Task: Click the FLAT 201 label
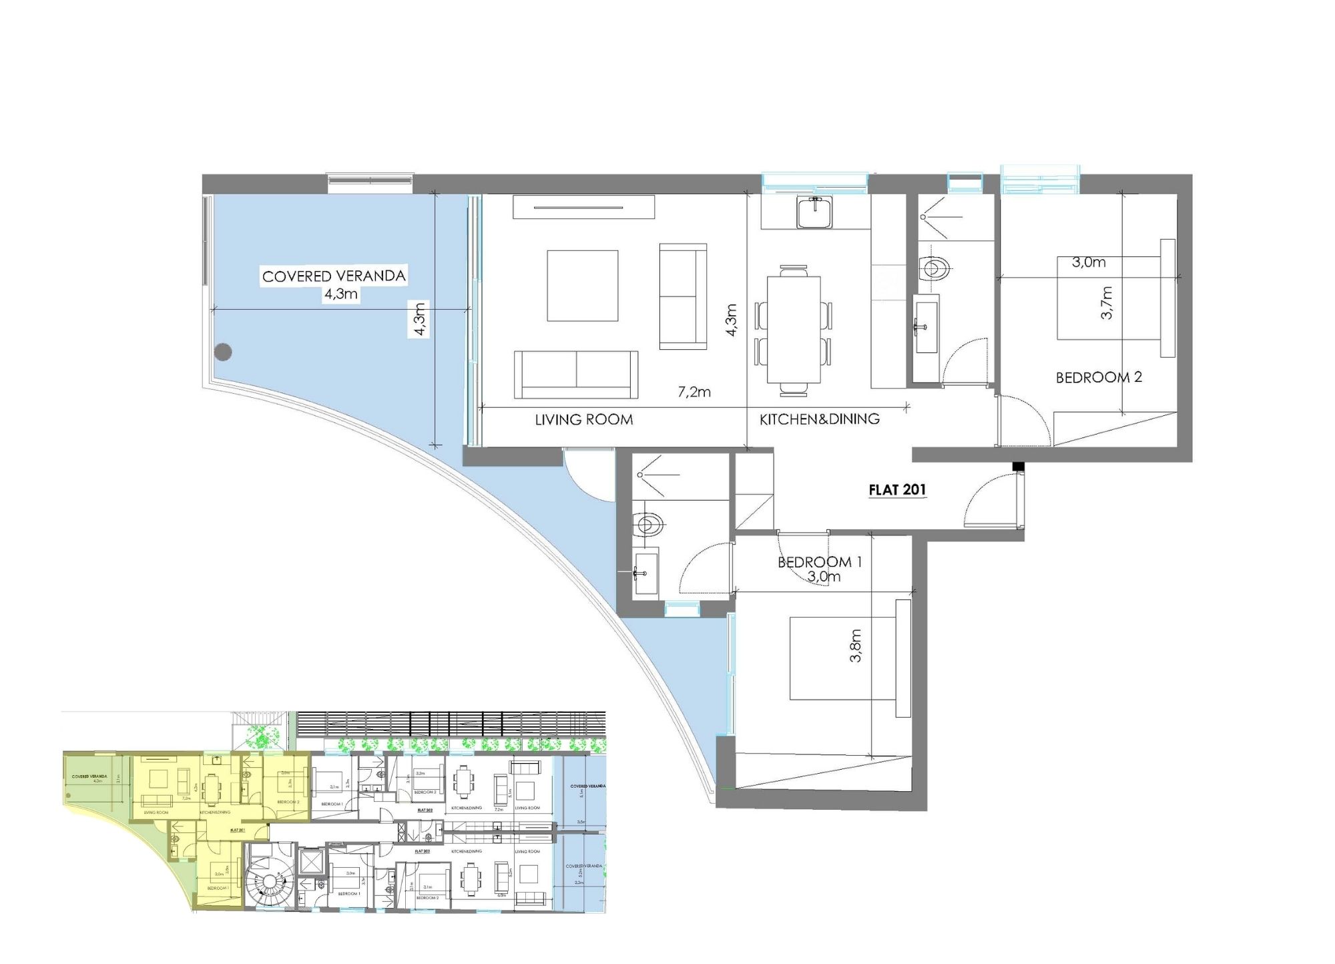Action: [x=897, y=490]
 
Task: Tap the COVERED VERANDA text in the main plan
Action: [x=334, y=276]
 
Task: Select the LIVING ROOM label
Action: [x=583, y=420]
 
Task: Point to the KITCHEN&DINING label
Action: [x=820, y=419]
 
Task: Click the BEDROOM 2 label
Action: [x=1099, y=378]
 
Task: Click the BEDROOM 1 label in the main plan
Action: [x=820, y=562]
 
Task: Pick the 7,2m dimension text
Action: [x=694, y=393]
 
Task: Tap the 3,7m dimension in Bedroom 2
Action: [x=1107, y=302]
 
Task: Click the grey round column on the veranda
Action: [x=223, y=351]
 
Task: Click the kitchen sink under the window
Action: [x=814, y=213]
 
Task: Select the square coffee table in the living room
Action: [x=582, y=286]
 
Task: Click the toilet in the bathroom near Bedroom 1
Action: [x=647, y=524]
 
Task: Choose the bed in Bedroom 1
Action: [x=842, y=658]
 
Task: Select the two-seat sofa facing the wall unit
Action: [x=576, y=375]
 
